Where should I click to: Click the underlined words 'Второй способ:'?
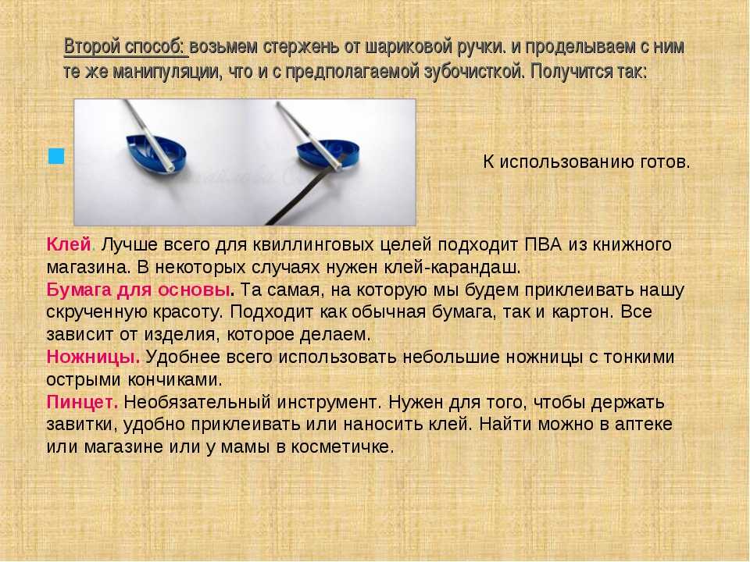pyautogui.click(x=124, y=47)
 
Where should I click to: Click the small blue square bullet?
pyautogui.click(x=56, y=156)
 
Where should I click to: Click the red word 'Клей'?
pyautogui.click(x=69, y=244)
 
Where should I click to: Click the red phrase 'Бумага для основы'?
pyautogui.click(x=138, y=290)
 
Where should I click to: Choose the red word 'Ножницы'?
pyautogui.click(x=92, y=357)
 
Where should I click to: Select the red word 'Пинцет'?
pyautogui.click(x=80, y=403)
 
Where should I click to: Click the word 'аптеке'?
pyautogui.click(x=643, y=425)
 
